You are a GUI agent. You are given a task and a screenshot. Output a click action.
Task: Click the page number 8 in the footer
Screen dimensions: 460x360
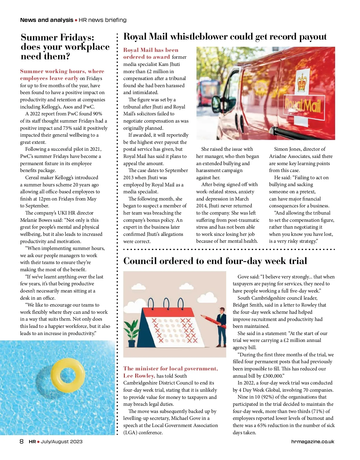[x=22, y=441]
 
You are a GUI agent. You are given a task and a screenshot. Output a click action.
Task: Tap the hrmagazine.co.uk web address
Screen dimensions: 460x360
[x=312, y=441]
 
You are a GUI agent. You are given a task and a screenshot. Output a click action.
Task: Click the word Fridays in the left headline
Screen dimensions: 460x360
[x=77, y=37]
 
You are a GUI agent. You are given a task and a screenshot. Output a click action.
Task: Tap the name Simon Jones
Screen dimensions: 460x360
[x=287, y=149]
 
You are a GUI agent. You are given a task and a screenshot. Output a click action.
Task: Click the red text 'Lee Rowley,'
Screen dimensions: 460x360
[x=139, y=376]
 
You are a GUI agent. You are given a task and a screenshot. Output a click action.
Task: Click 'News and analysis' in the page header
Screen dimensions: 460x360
[x=46, y=20]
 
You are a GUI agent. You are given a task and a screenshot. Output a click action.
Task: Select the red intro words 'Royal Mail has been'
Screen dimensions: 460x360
[x=151, y=50]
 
